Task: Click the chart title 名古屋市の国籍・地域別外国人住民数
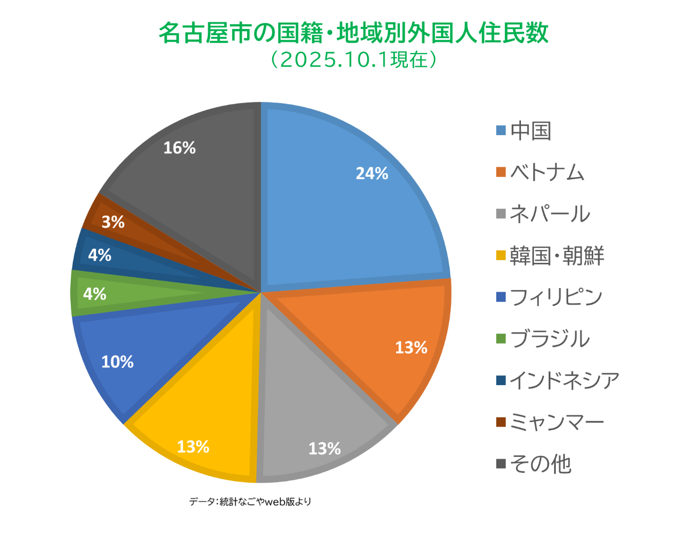click(354, 33)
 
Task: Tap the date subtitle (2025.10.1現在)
click(354, 60)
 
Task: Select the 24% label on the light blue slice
click(372, 173)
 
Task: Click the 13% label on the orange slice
click(411, 348)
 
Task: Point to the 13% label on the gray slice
click(324, 448)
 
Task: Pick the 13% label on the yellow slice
click(193, 446)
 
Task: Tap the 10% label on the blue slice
click(117, 362)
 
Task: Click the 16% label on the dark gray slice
click(180, 148)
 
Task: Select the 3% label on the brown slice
click(113, 222)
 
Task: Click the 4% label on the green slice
click(95, 294)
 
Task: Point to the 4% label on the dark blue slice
click(100, 255)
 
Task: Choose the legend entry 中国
click(531, 131)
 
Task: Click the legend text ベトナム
click(547, 173)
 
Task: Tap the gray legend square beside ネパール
click(501, 214)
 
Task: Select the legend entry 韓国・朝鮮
click(557, 256)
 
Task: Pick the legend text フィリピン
click(556, 297)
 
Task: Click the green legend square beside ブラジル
click(501, 339)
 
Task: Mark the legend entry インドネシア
click(564, 380)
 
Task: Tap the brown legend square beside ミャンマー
click(501, 422)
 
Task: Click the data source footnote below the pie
click(250, 502)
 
